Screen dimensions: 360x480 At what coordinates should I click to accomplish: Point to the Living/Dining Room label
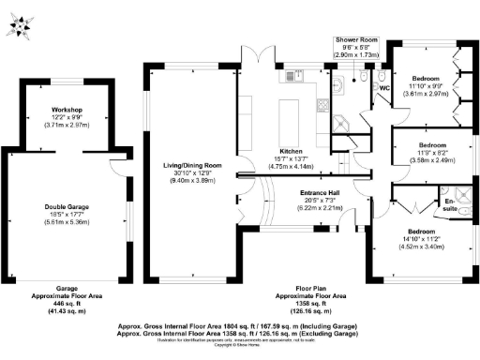(x=191, y=165)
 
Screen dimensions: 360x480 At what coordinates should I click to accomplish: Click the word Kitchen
(x=289, y=150)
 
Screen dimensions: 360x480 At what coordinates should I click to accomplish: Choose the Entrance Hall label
(x=321, y=192)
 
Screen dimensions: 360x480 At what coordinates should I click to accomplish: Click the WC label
(x=382, y=87)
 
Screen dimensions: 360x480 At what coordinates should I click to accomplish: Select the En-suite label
(x=449, y=203)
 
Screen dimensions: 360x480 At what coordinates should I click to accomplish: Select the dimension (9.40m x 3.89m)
(x=191, y=182)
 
